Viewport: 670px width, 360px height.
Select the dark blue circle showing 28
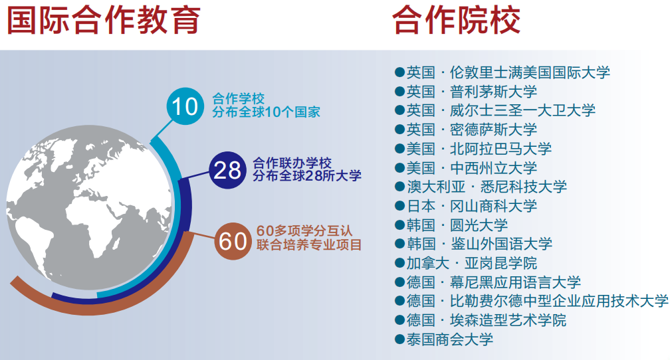coord(227,170)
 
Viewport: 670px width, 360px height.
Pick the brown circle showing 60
coord(233,241)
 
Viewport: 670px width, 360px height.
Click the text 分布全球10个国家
coord(266,112)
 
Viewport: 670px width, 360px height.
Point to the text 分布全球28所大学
coord(307,177)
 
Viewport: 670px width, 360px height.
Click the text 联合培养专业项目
coord(309,245)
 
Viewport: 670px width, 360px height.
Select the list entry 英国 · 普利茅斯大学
coord(471,92)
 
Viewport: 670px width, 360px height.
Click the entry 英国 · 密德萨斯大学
coord(471,130)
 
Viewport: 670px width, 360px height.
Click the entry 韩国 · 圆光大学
coord(457,225)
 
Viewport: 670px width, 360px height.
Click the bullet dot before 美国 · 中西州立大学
coord(399,168)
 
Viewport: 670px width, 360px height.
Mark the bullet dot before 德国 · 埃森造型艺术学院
coord(399,321)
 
